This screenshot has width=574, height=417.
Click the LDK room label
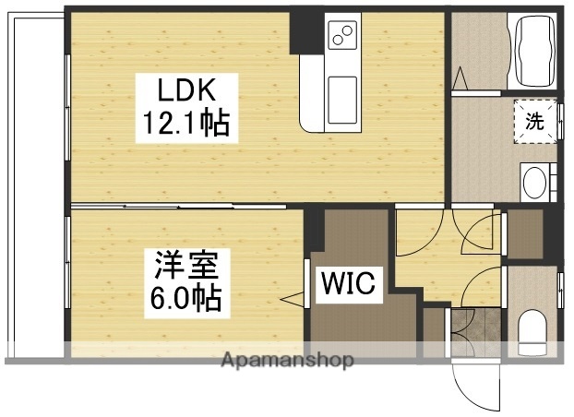point(185,90)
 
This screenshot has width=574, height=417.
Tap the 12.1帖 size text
point(185,123)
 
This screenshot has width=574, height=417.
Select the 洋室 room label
point(185,266)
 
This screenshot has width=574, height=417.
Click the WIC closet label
point(348,284)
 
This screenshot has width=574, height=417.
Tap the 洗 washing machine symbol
point(535,119)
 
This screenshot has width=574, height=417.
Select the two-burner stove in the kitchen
point(343,36)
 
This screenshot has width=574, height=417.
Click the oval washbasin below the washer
point(533,182)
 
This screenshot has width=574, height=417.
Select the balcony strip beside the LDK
point(35,185)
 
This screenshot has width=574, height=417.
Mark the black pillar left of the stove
point(304,32)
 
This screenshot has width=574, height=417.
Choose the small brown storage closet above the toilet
point(525,234)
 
